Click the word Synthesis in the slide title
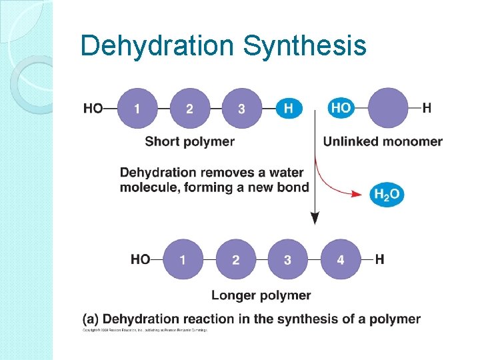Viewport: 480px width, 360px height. [305, 47]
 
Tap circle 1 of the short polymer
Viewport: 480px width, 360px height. [137, 108]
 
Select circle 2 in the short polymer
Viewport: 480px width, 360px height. [189, 108]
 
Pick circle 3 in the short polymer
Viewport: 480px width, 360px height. [241, 108]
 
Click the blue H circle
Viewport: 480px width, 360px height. [289, 108]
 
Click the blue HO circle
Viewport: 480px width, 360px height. [341, 107]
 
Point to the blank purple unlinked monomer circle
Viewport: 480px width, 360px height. [388, 108]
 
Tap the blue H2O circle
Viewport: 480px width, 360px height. [387, 194]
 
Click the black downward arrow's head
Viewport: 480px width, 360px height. [315, 218]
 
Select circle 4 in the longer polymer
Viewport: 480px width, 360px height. [341, 259]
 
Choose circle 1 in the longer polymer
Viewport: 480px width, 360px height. [183, 259]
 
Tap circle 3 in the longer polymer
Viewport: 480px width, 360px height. [288, 259]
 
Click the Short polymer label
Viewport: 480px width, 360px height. [189, 141]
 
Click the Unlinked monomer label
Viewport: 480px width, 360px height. [383, 141]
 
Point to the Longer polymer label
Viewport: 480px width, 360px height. [261, 295]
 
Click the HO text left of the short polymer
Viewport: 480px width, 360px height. [93, 108]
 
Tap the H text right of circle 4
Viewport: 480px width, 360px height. [379, 259]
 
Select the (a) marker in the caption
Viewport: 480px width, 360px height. [91, 319]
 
